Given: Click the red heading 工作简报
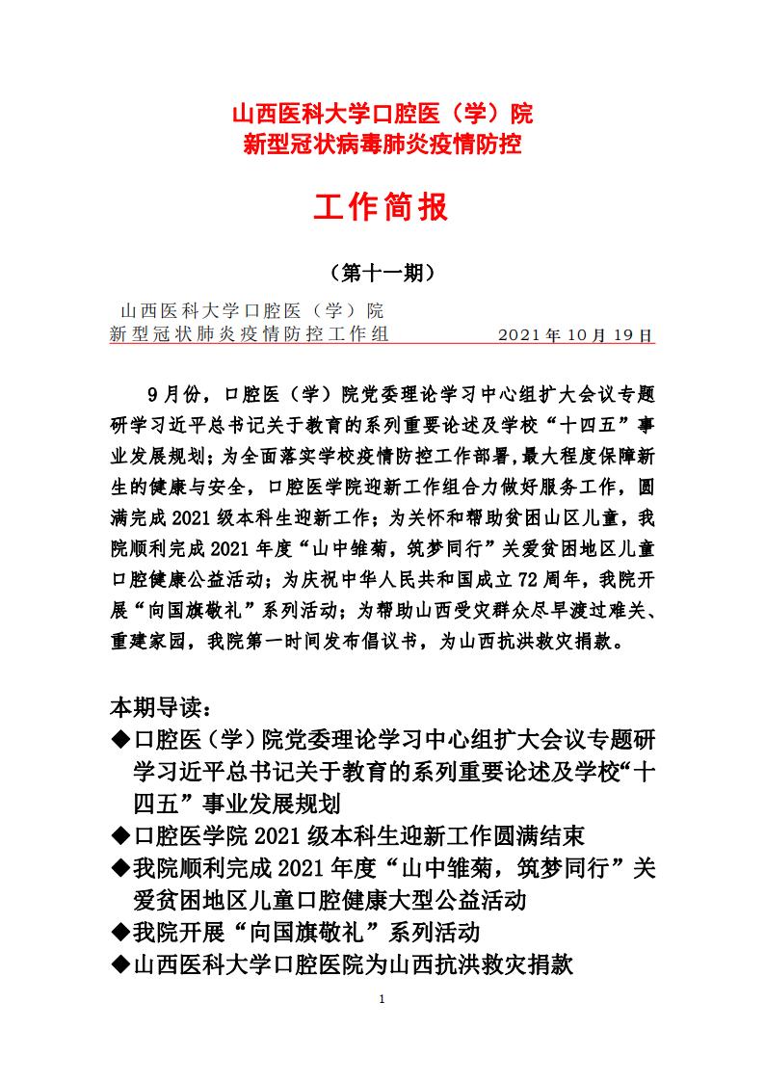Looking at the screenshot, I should coord(382,206).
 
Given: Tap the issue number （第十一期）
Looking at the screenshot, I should coord(382,274).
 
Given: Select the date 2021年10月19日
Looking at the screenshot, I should coord(576,335).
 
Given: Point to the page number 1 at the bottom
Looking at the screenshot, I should coord(382,999).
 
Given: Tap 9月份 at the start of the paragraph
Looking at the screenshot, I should coord(173,394).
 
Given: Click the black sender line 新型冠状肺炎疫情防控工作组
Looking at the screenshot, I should coord(250,335).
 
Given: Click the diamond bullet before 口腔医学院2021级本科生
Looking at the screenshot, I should coord(120,834).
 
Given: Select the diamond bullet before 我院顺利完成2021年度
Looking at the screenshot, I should coord(120,868).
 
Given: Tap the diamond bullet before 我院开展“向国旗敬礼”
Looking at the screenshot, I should coord(120,932).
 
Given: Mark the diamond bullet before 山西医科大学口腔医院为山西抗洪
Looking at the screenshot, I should coord(120,963).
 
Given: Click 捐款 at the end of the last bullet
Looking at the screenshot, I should coord(552,963).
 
